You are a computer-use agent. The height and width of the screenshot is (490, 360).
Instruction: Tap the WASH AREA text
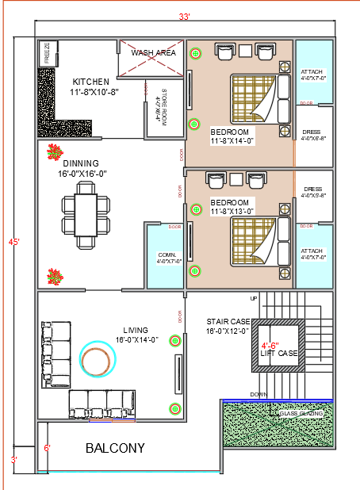[153, 53]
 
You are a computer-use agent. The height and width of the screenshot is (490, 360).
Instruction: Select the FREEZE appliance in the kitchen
[48, 53]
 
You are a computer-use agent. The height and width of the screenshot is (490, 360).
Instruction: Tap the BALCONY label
[115, 448]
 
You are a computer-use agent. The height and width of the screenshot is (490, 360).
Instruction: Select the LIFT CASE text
[279, 353]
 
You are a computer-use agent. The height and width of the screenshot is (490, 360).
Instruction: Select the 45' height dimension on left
[14, 242]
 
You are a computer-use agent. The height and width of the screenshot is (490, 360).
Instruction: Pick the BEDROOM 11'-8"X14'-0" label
[230, 136]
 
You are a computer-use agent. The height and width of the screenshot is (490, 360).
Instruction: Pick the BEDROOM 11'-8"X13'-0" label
[232, 207]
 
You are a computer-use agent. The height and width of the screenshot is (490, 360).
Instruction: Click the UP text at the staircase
[254, 298]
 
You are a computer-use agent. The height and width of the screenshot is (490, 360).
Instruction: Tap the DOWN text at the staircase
[258, 394]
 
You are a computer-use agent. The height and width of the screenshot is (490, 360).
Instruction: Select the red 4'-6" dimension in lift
[270, 345]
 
